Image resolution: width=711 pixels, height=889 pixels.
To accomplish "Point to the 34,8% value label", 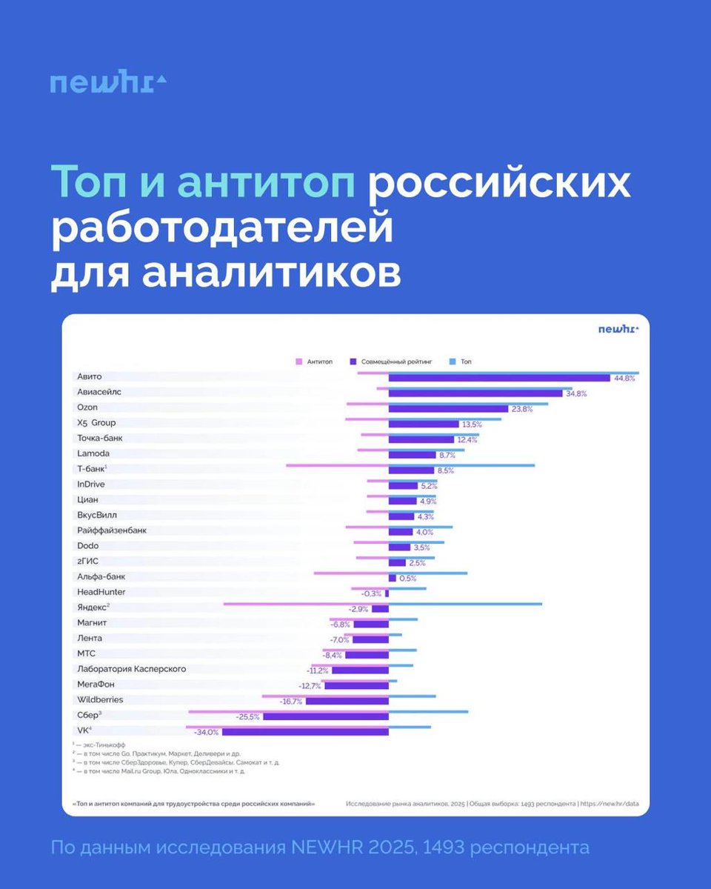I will click(576, 393).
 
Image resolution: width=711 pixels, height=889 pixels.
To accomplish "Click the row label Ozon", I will click(87, 407).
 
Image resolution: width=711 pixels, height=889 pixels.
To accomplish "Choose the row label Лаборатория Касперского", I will click(131, 669).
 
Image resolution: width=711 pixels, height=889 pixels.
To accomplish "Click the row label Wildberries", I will click(100, 700).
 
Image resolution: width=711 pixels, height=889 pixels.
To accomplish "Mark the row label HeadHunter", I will click(101, 592).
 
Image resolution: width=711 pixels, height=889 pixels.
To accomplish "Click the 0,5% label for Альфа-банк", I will click(407, 578).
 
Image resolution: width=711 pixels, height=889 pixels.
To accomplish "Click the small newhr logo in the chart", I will click(618, 329).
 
